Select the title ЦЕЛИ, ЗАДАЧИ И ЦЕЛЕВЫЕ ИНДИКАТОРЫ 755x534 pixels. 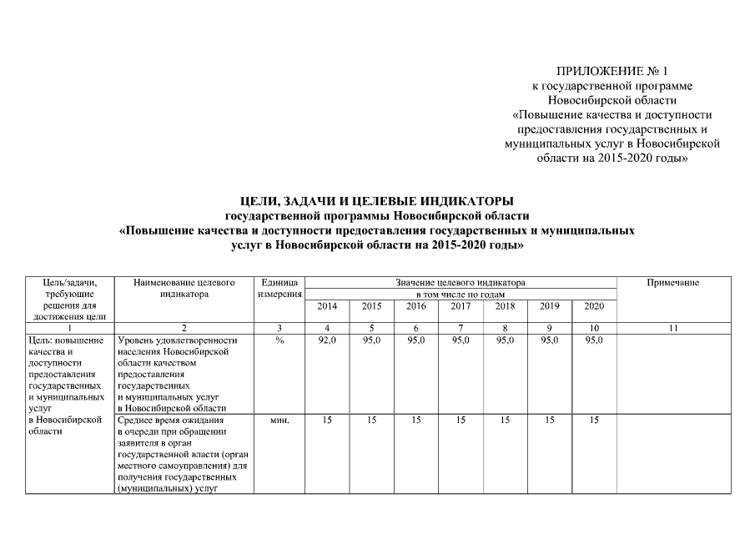(x=376, y=200)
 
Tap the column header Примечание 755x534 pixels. (x=672, y=284)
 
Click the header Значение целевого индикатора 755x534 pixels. (x=461, y=284)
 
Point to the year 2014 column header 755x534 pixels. (x=327, y=306)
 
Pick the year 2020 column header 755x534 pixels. (x=594, y=306)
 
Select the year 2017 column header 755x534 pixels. (x=461, y=306)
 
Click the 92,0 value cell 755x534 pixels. (x=327, y=340)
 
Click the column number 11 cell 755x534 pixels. (x=672, y=329)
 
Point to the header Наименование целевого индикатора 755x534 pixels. (x=184, y=289)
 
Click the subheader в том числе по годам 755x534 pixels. (x=461, y=295)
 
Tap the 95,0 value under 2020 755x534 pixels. (x=594, y=340)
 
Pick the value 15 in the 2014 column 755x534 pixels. (x=327, y=421)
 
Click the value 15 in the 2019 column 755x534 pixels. (x=549, y=421)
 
